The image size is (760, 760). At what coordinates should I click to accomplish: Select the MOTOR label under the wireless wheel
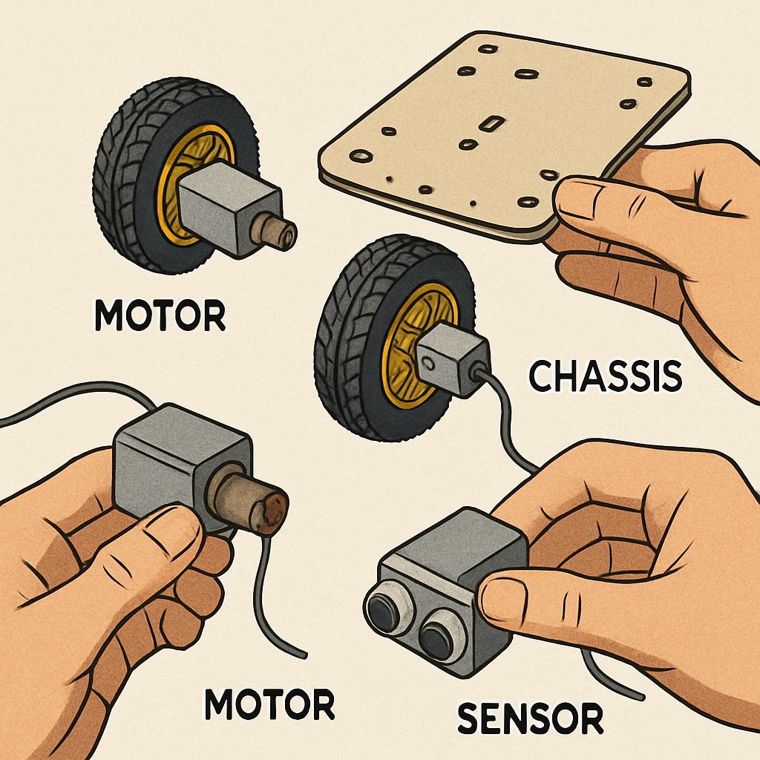click(160, 316)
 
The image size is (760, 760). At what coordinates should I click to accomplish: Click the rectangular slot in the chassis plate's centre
click(491, 123)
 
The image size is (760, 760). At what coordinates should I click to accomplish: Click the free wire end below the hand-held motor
click(301, 653)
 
